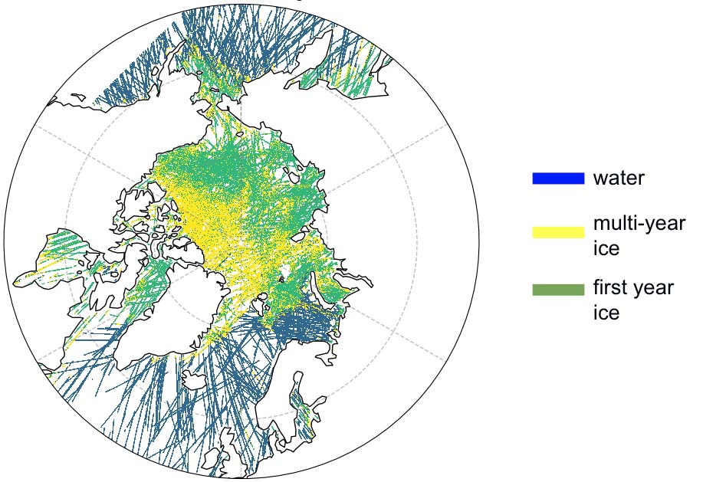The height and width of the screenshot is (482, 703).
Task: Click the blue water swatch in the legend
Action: point(558,179)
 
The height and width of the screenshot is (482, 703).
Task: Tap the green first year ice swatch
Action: point(558,290)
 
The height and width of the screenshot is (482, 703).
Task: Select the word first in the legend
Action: point(611,289)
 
